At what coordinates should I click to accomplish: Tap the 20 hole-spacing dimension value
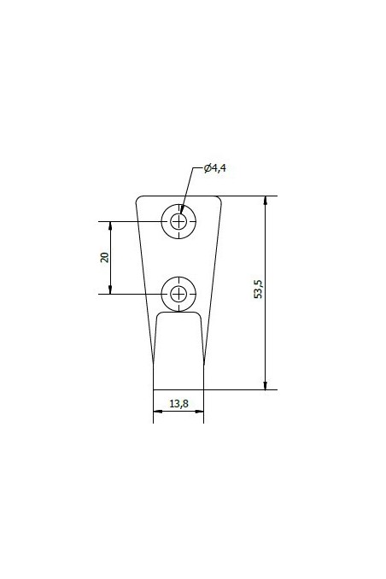tap(105, 258)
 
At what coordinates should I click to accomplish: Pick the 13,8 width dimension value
tap(178, 404)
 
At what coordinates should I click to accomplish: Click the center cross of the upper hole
tap(178, 222)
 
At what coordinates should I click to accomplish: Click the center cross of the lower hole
tap(178, 294)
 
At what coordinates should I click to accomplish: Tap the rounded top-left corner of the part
tap(138, 200)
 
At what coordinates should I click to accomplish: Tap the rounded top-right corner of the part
tap(219, 200)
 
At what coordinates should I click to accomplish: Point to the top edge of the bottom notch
tap(178, 312)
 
